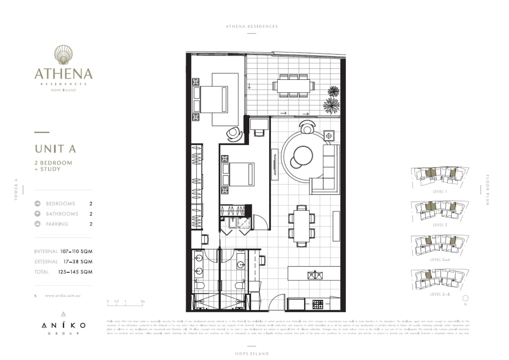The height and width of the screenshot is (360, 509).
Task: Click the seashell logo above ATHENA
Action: tap(63, 55)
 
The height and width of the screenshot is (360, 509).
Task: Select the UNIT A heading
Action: tap(55, 149)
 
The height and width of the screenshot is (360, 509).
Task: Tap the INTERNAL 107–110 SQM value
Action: tap(76, 251)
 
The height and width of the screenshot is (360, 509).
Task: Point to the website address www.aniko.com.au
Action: tap(63, 296)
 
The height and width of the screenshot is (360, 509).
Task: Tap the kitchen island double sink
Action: tap(315, 275)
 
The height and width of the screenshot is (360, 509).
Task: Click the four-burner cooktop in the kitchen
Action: tap(317, 304)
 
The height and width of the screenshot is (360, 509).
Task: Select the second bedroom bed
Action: tap(238, 174)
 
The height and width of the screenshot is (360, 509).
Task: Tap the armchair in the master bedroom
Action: tap(235, 134)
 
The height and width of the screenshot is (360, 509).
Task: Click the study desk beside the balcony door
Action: tap(259, 124)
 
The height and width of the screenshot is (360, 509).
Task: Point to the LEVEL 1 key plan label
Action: tap(440, 192)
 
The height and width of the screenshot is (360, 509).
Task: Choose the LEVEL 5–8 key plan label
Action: tap(440, 294)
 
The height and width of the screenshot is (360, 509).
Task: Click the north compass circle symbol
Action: tap(465, 298)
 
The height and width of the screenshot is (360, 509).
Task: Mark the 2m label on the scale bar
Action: tap(143, 301)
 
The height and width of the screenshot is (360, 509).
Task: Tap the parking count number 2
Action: tap(91, 224)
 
